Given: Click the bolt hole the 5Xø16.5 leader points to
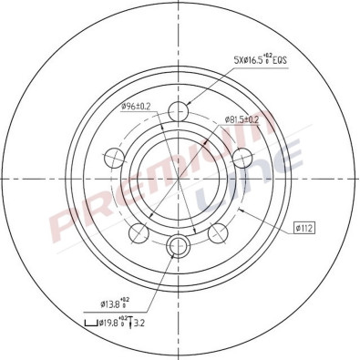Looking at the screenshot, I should tap(180, 112).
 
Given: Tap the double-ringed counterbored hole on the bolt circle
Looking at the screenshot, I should tap(180, 243).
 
